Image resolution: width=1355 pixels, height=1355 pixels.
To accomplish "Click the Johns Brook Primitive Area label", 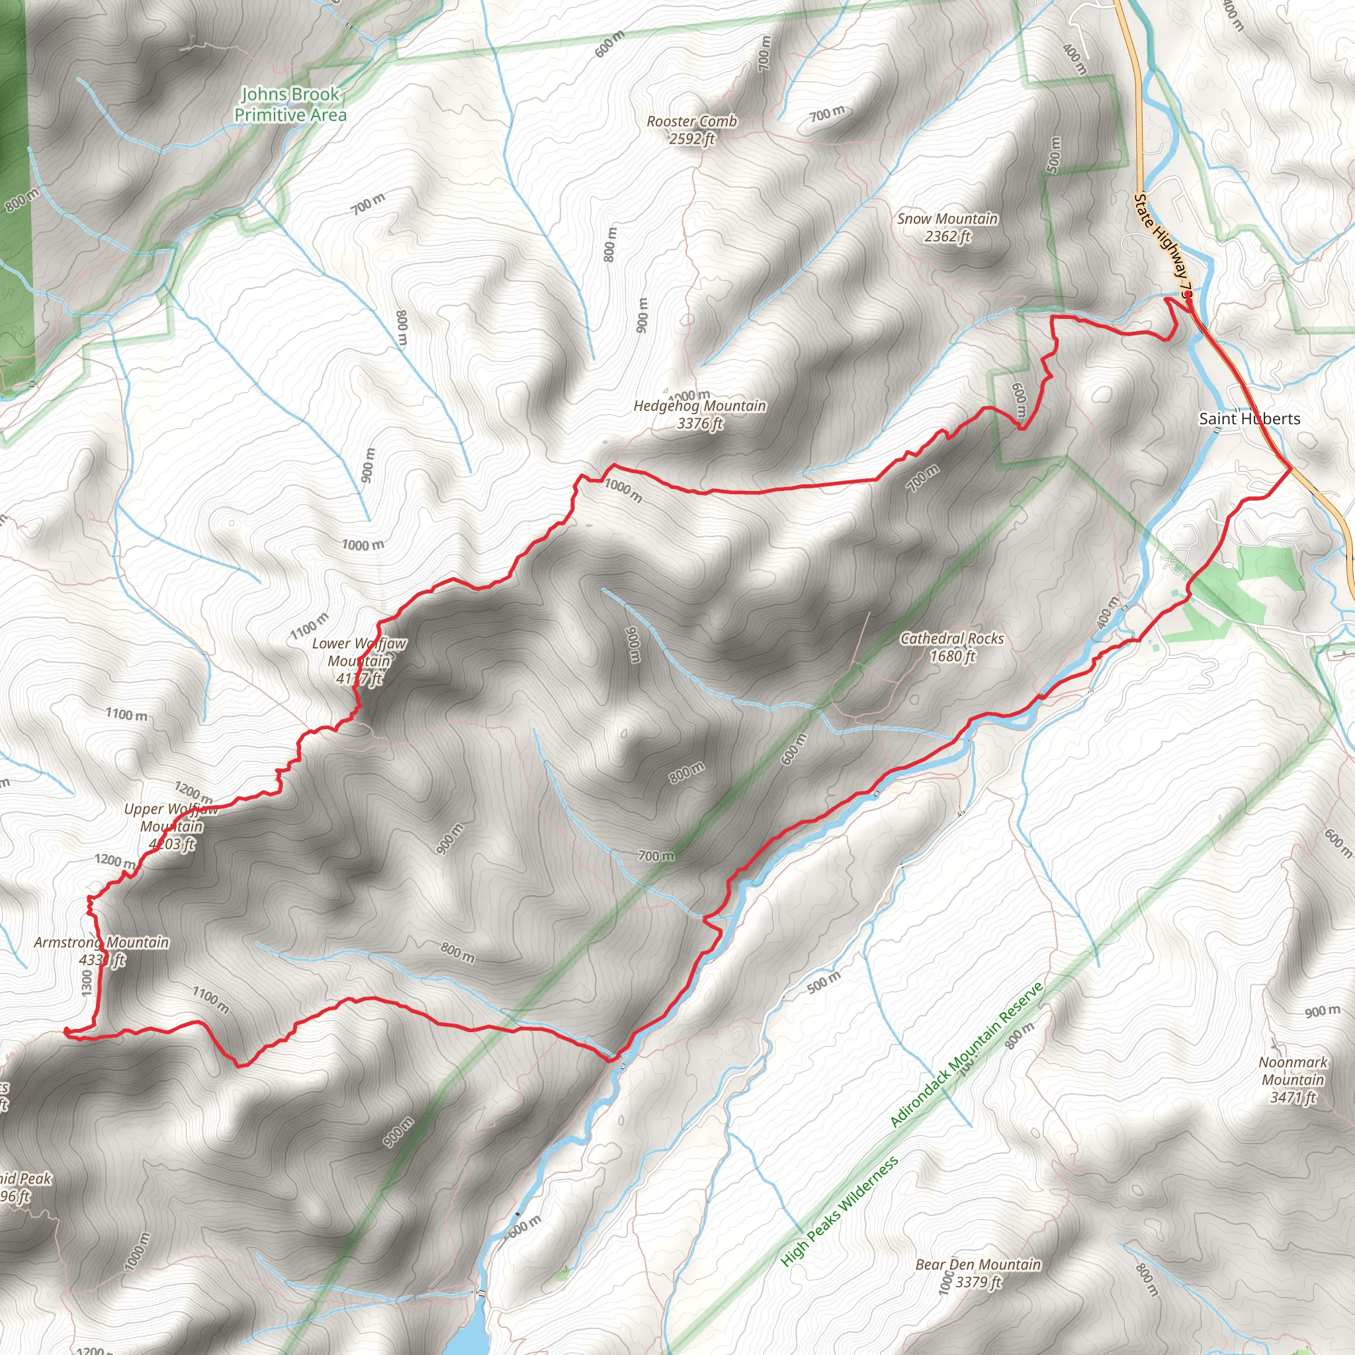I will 290,105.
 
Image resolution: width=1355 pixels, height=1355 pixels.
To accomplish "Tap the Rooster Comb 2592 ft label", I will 691,130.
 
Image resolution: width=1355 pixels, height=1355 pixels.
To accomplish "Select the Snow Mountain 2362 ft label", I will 947,227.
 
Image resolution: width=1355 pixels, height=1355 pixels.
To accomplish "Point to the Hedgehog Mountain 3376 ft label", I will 699,414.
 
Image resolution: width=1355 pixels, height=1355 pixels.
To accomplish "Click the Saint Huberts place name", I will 1249,419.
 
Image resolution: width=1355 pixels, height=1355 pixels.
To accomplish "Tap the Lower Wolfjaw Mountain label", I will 359,661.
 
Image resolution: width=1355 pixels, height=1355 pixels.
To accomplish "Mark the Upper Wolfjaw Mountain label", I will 171,826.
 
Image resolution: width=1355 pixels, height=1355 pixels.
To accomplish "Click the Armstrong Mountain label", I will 102,950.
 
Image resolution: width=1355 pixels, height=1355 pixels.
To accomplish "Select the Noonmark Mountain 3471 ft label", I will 1293,1079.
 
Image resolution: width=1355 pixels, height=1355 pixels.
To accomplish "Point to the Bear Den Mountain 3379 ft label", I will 978,1273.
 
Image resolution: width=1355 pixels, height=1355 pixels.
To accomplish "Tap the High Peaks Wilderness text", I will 839,1211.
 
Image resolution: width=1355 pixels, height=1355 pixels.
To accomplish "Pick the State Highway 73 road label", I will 1164,245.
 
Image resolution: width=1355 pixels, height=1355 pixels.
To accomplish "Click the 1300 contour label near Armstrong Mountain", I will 87,982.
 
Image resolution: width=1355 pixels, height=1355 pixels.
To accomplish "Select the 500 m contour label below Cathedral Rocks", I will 823,983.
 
